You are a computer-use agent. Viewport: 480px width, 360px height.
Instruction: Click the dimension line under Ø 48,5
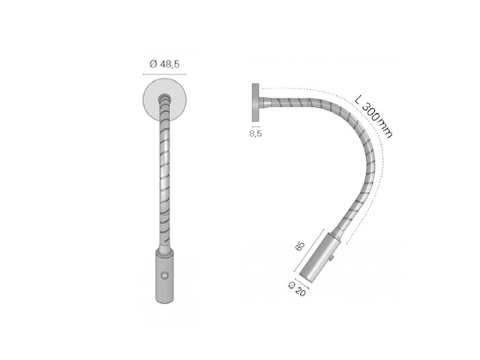click(163, 75)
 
